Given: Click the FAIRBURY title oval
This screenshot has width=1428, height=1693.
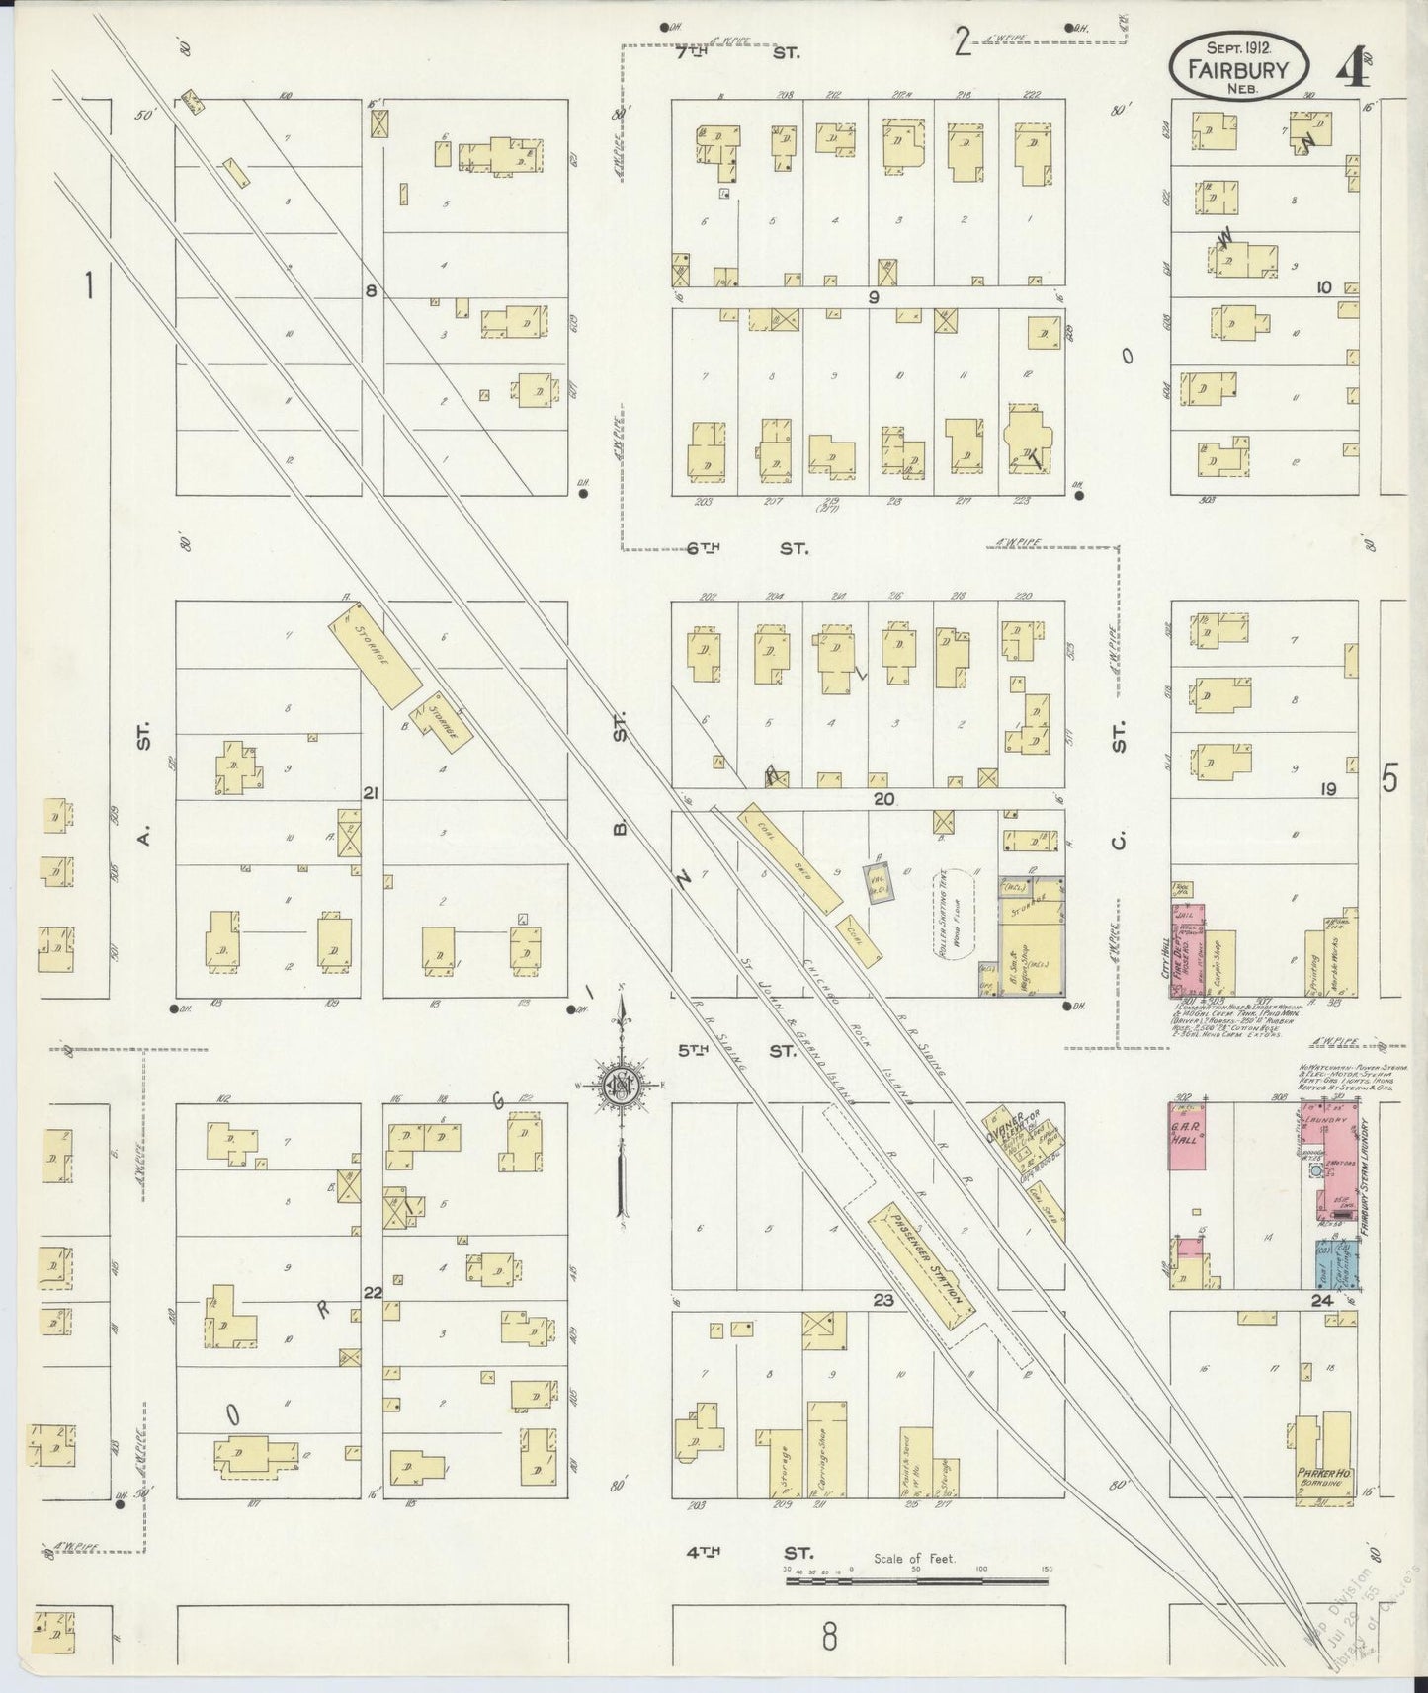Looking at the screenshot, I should pyautogui.click(x=1240, y=66).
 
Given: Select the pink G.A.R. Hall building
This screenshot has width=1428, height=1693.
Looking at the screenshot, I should pyautogui.click(x=1190, y=1137).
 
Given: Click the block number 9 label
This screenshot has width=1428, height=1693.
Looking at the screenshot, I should pyautogui.click(x=873, y=295).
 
